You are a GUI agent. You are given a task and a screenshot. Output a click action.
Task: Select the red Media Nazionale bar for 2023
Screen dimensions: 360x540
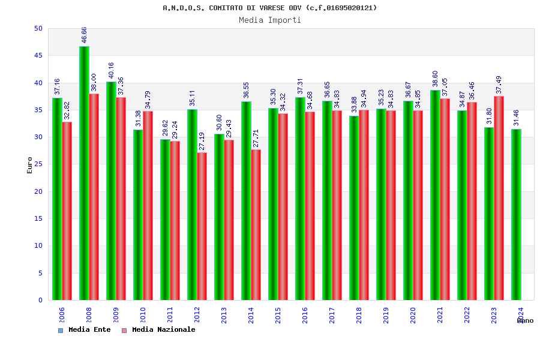pyautogui.click(x=499, y=198)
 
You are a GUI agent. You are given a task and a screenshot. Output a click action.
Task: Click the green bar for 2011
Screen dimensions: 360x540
pyautogui.click(x=165, y=220)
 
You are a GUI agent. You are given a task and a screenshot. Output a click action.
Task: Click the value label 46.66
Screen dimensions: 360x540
pyautogui.click(x=85, y=35)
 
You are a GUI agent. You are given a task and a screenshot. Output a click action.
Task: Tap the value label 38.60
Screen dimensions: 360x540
pyautogui.click(x=436, y=79)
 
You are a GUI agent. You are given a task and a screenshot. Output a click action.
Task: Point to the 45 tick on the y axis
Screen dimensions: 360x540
pyautogui.click(x=38, y=56)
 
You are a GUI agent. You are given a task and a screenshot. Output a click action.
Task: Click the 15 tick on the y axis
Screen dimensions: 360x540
pyautogui.click(x=38, y=219)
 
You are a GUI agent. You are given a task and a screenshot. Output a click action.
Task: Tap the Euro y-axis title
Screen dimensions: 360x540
pyautogui.click(x=30, y=165)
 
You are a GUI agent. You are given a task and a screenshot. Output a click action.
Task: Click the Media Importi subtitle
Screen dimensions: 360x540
pyautogui.click(x=270, y=20)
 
